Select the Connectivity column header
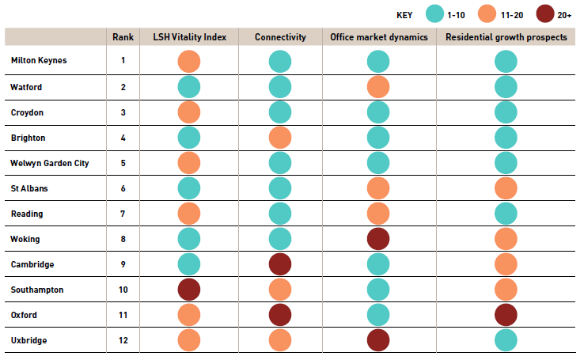280,37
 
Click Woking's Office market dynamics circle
379,239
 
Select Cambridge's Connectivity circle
280,264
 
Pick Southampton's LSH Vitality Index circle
189,290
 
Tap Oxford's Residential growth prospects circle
506,315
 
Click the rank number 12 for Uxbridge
123,340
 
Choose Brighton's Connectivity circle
280,138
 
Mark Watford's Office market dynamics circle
379,87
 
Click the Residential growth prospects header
506,37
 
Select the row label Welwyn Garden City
49,163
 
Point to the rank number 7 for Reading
123,214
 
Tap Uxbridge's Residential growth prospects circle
506,340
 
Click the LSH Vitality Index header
189,37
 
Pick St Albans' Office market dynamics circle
379,188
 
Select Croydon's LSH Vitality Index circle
189,112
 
